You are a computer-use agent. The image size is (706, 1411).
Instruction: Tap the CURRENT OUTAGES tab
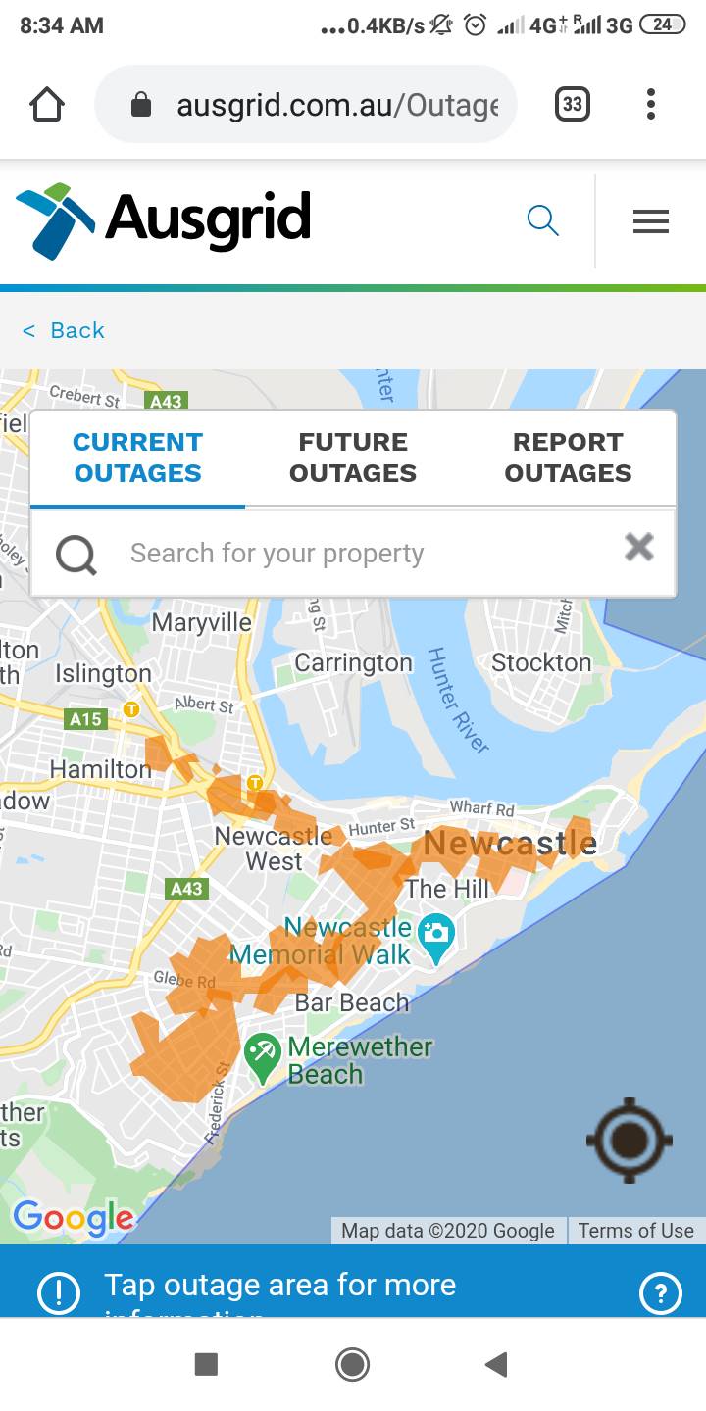tap(137, 458)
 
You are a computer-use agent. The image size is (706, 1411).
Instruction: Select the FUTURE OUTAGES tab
tap(353, 458)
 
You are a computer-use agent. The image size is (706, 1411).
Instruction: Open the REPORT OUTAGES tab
tap(568, 458)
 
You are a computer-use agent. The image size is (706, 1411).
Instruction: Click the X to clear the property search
tap(639, 547)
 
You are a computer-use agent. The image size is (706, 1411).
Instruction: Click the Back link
tap(65, 330)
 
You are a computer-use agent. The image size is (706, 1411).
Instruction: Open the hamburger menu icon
tap(650, 222)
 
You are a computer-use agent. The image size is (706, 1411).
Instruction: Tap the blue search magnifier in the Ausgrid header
tap(542, 220)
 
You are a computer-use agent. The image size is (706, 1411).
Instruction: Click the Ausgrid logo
tap(164, 219)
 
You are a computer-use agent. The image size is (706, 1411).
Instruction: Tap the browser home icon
tap(47, 105)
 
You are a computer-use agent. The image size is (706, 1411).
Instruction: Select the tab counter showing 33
tap(573, 105)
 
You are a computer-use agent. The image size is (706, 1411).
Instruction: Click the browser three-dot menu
tap(651, 105)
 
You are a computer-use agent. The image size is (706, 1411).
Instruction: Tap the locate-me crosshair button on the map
tap(629, 1140)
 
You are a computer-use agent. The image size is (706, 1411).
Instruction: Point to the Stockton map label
tap(541, 663)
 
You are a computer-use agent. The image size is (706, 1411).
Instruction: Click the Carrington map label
tap(353, 663)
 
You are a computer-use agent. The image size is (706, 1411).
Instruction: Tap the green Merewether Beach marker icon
tap(262, 1057)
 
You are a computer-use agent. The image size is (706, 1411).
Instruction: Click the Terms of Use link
tap(635, 1231)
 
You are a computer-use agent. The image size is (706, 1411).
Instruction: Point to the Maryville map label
tap(201, 622)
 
